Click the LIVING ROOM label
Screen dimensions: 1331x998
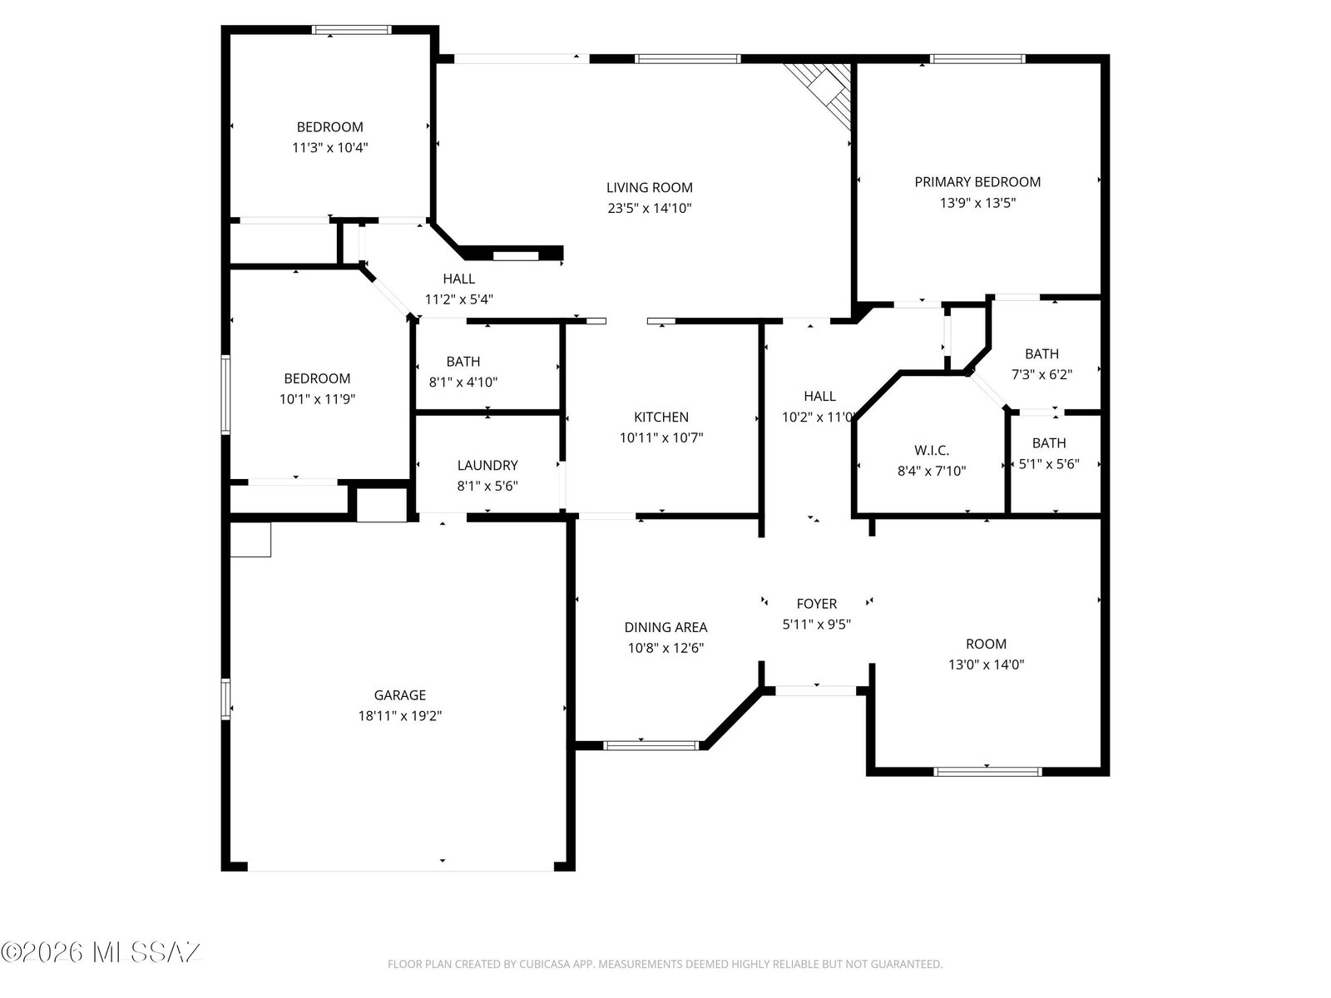point(649,188)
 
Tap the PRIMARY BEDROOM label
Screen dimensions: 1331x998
point(977,182)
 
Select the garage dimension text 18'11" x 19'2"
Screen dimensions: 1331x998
point(399,715)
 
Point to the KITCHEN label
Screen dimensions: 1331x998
point(661,417)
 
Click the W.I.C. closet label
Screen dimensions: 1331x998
point(932,450)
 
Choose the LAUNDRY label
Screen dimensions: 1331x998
point(487,465)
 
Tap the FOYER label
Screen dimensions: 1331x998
point(816,604)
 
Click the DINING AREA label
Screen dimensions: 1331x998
point(665,627)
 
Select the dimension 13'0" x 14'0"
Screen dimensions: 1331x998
point(986,665)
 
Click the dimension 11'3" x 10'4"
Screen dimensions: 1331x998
point(330,147)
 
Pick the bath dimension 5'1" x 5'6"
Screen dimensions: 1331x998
point(1049,464)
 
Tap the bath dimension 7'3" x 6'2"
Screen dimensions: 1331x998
point(1042,374)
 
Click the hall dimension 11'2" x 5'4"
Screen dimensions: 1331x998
point(458,299)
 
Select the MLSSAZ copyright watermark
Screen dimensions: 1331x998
point(101,952)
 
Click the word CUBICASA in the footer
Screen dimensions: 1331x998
point(543,964)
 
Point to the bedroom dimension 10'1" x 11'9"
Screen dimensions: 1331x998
point(317,398)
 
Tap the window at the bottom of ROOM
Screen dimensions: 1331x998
point(987,772)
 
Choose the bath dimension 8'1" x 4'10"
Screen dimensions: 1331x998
point(463,382)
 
